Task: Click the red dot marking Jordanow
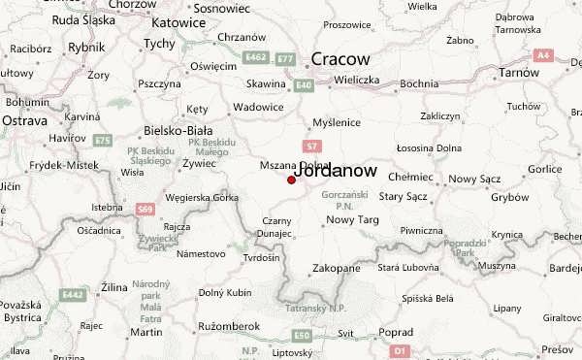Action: point(291,180)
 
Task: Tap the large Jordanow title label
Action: point(335,170)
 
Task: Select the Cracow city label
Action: point(339,60)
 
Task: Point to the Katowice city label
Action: point(179,21)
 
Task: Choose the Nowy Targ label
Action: point(352,220)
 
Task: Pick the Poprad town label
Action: point(395,332)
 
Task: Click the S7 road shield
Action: point(311,147)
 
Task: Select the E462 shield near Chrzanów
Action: point(255,58)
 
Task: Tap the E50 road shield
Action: point(303,335)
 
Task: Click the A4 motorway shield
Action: point(544,56)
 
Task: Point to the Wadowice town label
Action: point(259,107)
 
